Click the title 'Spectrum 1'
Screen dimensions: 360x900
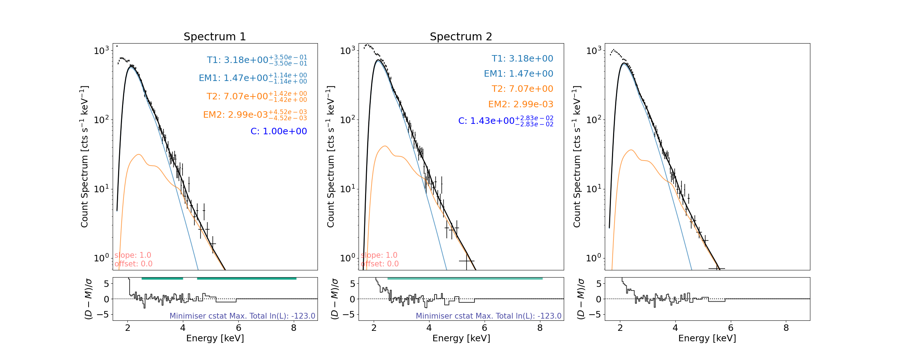tap(215, 37)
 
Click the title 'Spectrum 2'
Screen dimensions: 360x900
tap(461, 37)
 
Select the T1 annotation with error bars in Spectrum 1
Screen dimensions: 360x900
tap(257, 60)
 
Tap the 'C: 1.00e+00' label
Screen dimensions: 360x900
tap(279, 131)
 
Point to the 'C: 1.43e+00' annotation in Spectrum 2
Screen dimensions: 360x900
tap(505, 121)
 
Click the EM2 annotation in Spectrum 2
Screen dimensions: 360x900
tap(521, 104)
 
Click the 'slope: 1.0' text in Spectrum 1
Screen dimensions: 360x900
tap(133, 255)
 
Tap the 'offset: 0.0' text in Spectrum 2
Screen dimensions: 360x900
tap(380, 264)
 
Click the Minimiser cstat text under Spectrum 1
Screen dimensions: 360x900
tap(242, 316)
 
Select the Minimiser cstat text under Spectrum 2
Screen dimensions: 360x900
tap(489, 316)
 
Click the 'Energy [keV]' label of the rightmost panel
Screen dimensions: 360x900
tap(707, 338)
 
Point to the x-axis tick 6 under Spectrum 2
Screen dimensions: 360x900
tap(485, 328)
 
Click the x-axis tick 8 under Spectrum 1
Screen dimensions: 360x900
tap(294, 328)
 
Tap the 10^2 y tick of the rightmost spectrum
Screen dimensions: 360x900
tap(594, 120)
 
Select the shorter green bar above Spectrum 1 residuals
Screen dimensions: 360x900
tap(162, 278)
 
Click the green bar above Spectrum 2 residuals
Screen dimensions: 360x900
tap(465, 278)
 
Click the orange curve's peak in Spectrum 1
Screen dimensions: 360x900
tap(139, 154)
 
